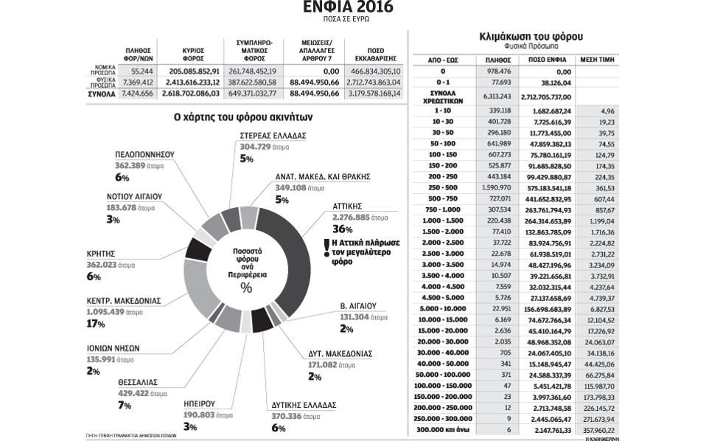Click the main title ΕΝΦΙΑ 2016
pyautogui.click(x=348, y=8)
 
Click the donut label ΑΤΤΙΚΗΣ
pyautogui.click(x=344, y=206)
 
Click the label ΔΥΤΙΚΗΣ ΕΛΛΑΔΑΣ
pyautogui.click(x=304, y=405)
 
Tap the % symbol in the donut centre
pyautogui.click(x=245, y=288)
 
